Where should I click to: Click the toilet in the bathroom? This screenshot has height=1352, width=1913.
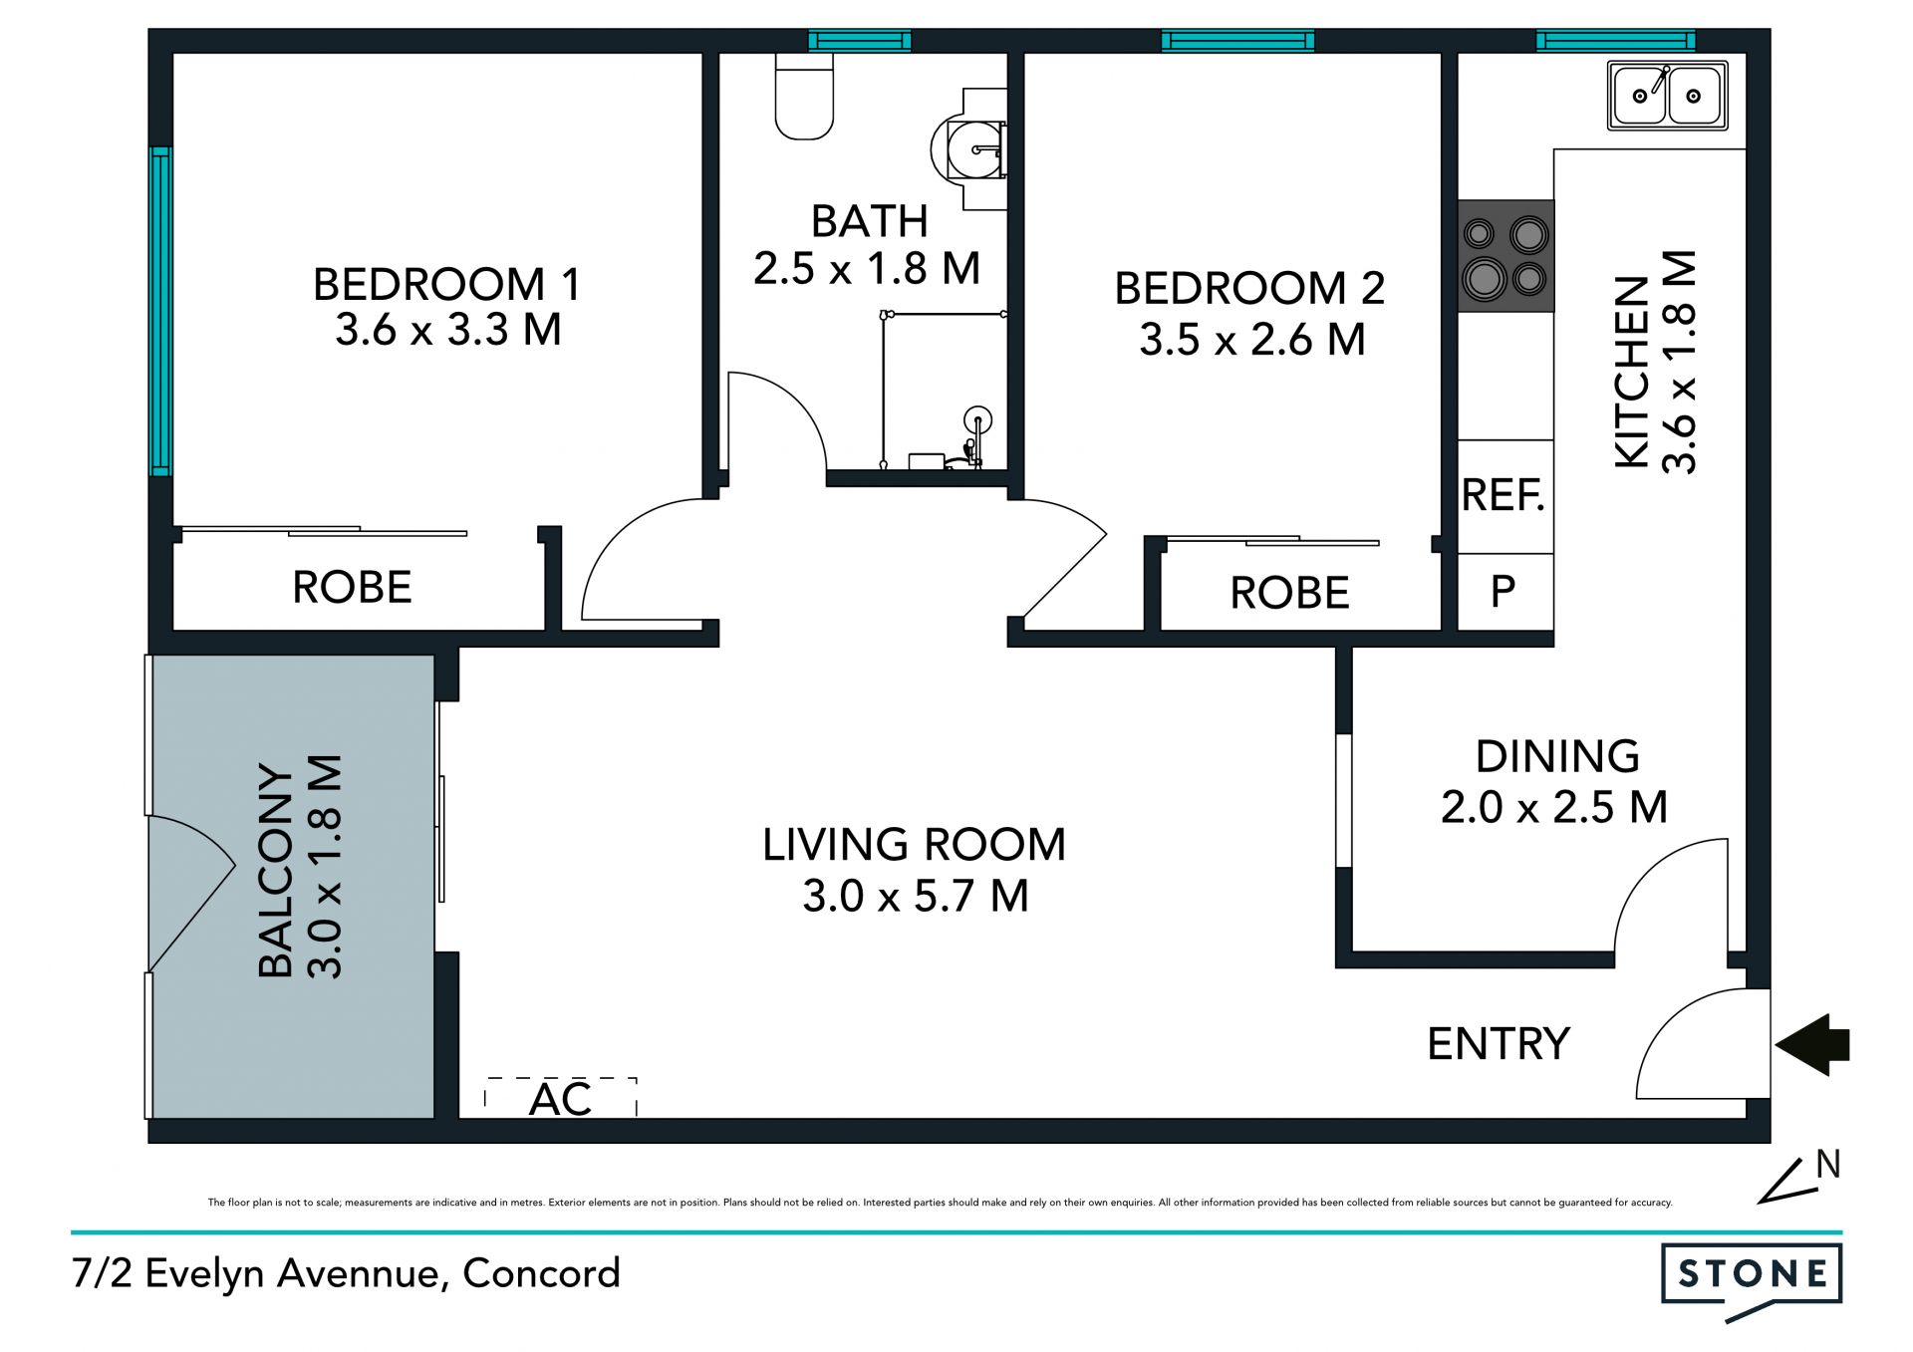click(804, 96)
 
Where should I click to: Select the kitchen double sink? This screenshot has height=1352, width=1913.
click(1667, 96)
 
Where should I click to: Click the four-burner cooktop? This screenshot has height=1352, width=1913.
click(1505, 256)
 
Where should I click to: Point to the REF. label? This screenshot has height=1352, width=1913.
click(1503, 495)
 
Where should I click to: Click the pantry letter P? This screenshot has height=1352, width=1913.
click(1503, 592)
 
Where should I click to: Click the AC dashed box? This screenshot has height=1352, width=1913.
click(561, 1097)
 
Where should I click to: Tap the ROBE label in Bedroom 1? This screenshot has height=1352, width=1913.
click(352, 587)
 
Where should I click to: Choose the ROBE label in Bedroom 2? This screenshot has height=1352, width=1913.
click(1289, 593)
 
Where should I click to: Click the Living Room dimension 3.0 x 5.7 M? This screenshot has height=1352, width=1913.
click(916, 896)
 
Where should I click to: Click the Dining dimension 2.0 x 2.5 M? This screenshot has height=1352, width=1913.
click(1554, 807)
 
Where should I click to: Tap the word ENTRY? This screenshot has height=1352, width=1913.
click(1499, 1044)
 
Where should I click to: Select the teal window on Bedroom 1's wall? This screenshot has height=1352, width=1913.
click(160, 311)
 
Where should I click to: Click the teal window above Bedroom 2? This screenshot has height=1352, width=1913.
click(1237, 41)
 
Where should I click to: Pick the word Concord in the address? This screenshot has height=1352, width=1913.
click(542, 1273)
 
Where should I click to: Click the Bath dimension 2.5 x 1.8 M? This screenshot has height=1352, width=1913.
click(867, 268)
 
